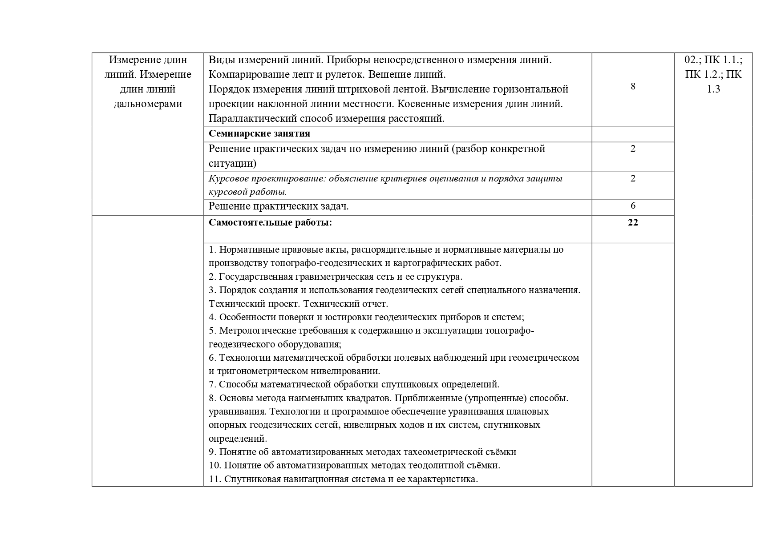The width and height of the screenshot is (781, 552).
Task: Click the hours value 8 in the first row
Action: pyautogui.click(x=633, y=86)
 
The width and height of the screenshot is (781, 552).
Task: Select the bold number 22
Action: pyautogui.click(x=633, y=222)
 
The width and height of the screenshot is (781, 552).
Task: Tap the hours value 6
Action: pyautogui.click(x=633, y=205)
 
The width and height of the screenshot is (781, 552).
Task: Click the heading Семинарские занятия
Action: pyautogui.click(x=259, y=133)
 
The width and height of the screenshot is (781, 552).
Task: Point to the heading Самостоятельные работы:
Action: pyautogui.click(x=270, y=222)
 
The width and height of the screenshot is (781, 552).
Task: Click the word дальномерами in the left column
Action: pyautogui.click(x=148, y=104)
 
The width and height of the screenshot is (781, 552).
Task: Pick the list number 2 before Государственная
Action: pyautogui.click(x=212, y=277)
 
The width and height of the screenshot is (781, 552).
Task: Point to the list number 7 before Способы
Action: pyautogui.click(x=212, y=384)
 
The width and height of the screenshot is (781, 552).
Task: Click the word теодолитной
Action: pyautogui.click(x=436, y=465)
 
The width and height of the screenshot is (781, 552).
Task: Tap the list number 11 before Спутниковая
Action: pyautogui.click(x=214, y=479)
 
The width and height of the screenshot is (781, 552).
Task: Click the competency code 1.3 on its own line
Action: pyautogui.click(x=713, y=89)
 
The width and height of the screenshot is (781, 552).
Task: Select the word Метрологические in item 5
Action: pyautogui.click(x=255, y=330)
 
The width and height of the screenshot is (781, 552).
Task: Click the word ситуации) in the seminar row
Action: pyautogui.click(x=232, y=163)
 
